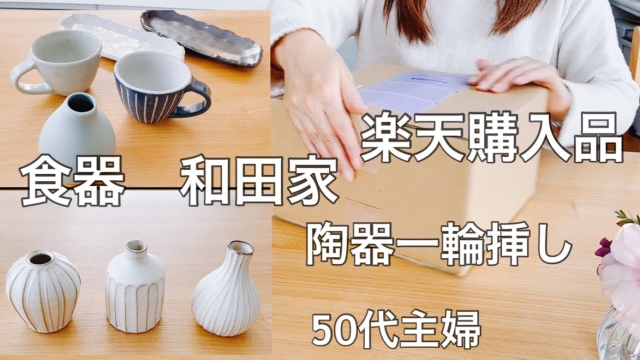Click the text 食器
(x=72, y=181)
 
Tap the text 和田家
(x=259, y=180)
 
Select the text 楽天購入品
(x=492, y=136)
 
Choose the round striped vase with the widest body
(x=43, y=291)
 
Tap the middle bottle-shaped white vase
(x=135, y=286)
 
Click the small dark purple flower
(x=603, y=247)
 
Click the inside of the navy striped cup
(x=153, y=73)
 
